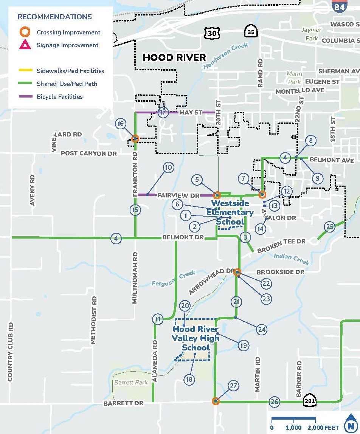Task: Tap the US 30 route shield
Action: coord(211,33)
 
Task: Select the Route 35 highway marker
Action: coord(251,32)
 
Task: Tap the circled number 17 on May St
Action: coord(163,113)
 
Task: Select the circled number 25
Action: coord(330,227)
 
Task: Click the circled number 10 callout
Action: coord(168,167)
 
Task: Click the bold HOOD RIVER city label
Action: coord(174,57)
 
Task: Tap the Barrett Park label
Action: coord(131,382)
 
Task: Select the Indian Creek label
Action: coord(292,259)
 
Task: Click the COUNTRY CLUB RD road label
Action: coord(11,352)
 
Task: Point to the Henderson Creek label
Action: coord(225,56)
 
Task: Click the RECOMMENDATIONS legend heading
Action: coord(54,17)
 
